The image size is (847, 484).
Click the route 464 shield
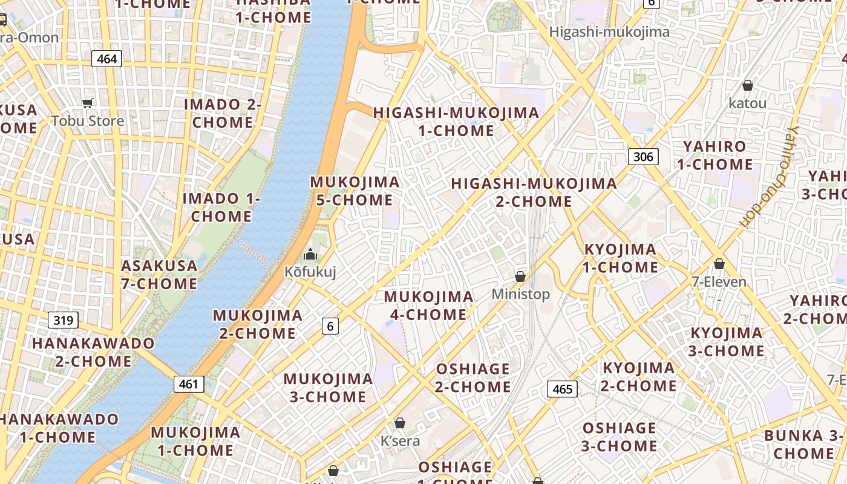click(x=107, y=59)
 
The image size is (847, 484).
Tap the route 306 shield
click(x=643, y=157)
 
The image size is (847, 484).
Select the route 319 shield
click(x=63, y=320)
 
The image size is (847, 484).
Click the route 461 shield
click(x=189, y=384)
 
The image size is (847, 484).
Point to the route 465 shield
click(x=562, y=388)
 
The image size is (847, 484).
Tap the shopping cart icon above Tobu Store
click(x=88, y=103)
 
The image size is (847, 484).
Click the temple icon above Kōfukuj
click(x=310, y=254)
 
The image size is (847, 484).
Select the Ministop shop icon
click(x=520, y=276)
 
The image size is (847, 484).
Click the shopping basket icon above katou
click(x=748, y=85)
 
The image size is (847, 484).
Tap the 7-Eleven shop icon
click(x=719, y=264)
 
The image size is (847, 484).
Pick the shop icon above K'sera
click(x=399, y=423)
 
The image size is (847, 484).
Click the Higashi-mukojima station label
click(x=609, y=32)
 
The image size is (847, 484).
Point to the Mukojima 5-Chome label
click(x=355, y=191)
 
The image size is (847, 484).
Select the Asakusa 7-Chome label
click(x=159, y=274)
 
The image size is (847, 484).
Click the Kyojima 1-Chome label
click(x=621, y=258)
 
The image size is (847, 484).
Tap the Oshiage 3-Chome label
click(x=620, y=437)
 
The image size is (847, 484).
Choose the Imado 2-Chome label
click(x=223, y=113)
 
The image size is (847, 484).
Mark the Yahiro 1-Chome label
click(x=715, y=155)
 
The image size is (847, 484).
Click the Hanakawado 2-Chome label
click(x=93, y=352)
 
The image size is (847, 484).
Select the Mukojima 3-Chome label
click(x=328, y=388)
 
